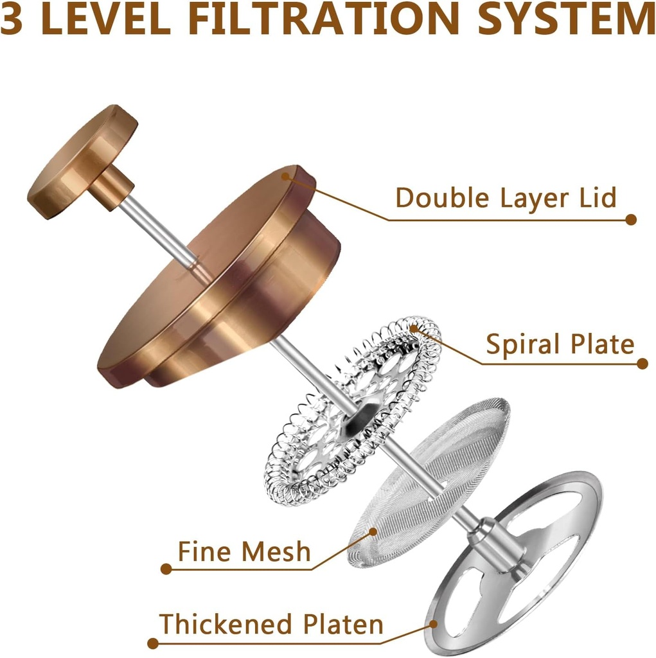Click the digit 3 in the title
pyautogui.click(x=12, y=19)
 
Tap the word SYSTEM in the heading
pyautogui.click(x=567, y=19)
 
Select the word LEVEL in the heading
pyautogui.click(x=106, y=19)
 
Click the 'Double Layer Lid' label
pyautogui.click(x=506, y=198)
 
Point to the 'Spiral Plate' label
pyautogui.click(x=560, y=344)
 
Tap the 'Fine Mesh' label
pyautogui.click(x=244, y=551)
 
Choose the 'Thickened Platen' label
pyautogui.click(x=271, y=624)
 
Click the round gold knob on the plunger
pyautogui.click(x=82, y=162)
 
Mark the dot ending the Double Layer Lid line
pyautogui.click(x=631, y=220)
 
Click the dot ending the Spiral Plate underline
pyautogui.click(x=642, y=364)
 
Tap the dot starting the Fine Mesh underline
pyautogui.click(x=166, y=569)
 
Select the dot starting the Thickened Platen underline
pyautogui.click(x=153, y=643)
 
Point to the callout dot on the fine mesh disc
pyautogui.click(x=373, y=531)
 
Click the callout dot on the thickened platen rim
pyautogui.click(x=433, y=625)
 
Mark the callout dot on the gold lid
pyautogui.click(x=286, y=176)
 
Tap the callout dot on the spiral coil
pyautogui.click(x=414, y=328)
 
